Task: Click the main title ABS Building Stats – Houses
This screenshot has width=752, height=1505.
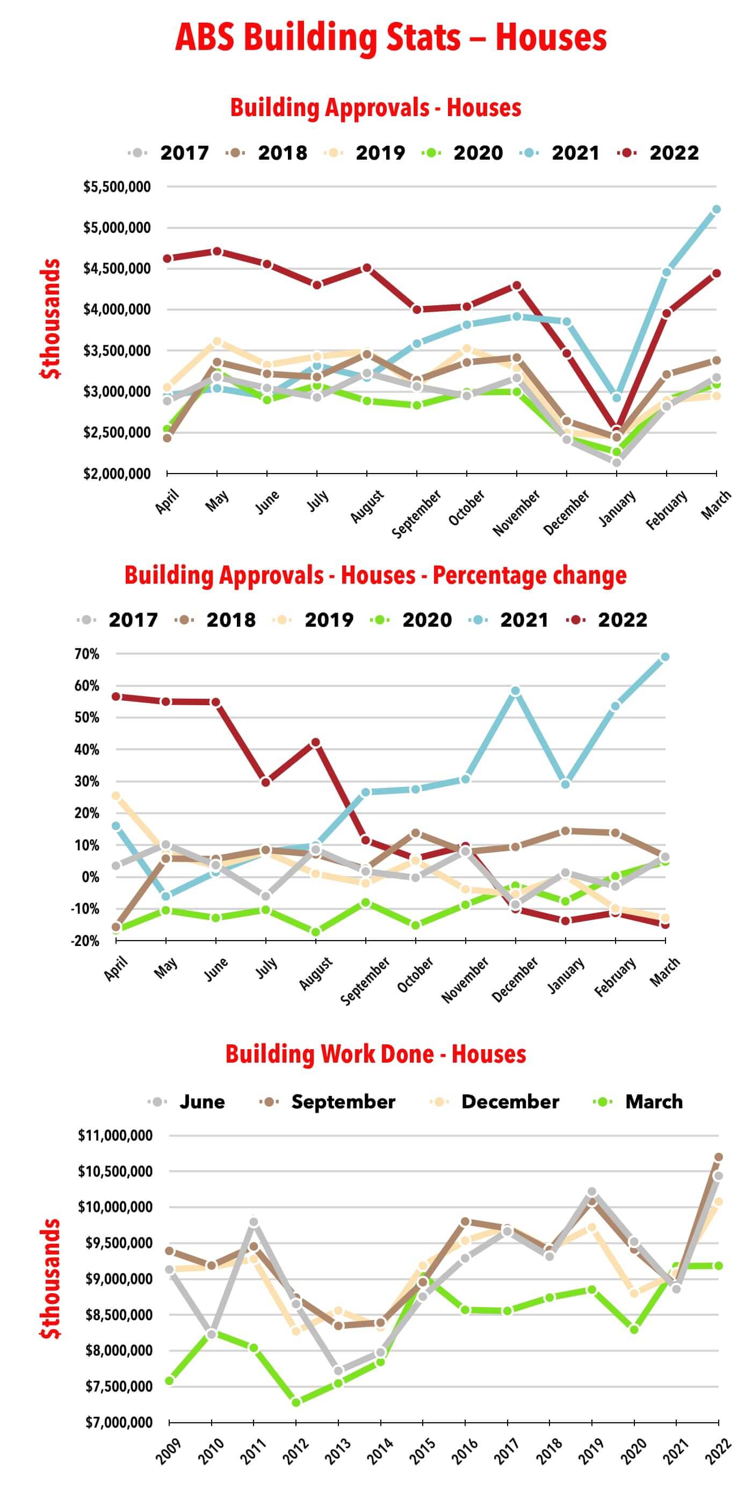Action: pyautogui.click(x=391, y=38)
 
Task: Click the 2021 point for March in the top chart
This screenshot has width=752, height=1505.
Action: pyautogui.click(x=717, y=209)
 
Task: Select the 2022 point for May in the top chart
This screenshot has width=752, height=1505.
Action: pyautogui.click(x=217, y=251)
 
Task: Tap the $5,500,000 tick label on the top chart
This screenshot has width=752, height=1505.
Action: pyautogui.click(x=117, y=187)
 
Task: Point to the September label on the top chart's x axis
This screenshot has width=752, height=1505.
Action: pyautogui.click(x=417, y=514)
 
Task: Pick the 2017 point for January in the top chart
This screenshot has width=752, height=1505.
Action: pyautogui.click(x=617, y=462)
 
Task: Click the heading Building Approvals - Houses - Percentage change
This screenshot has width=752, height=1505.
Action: pyautogui.click(x=375, y=576)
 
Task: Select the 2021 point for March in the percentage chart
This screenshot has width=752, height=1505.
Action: pyautogui.click(x=665, y=657)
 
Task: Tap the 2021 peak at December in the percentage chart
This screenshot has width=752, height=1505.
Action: pyautogui.click(x=516, y=691)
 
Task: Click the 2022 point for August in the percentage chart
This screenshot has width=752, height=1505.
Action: pyautogui.click(x=316, y=742)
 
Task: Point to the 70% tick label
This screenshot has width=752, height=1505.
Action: pyautogui.click(x=86, y=654)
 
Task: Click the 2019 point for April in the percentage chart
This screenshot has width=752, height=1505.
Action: pyautogui.click(x=115, y=795)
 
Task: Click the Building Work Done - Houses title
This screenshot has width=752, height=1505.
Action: pyautogui.click(x=375, y=1055)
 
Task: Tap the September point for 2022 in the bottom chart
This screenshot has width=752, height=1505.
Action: pyautogui.click(x=719, y=1157)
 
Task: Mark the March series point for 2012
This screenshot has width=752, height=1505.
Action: pyautogui.click(x=296, y=1402)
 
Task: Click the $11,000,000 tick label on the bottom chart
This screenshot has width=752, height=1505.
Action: pyautogui.click(x=115, y=1136)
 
